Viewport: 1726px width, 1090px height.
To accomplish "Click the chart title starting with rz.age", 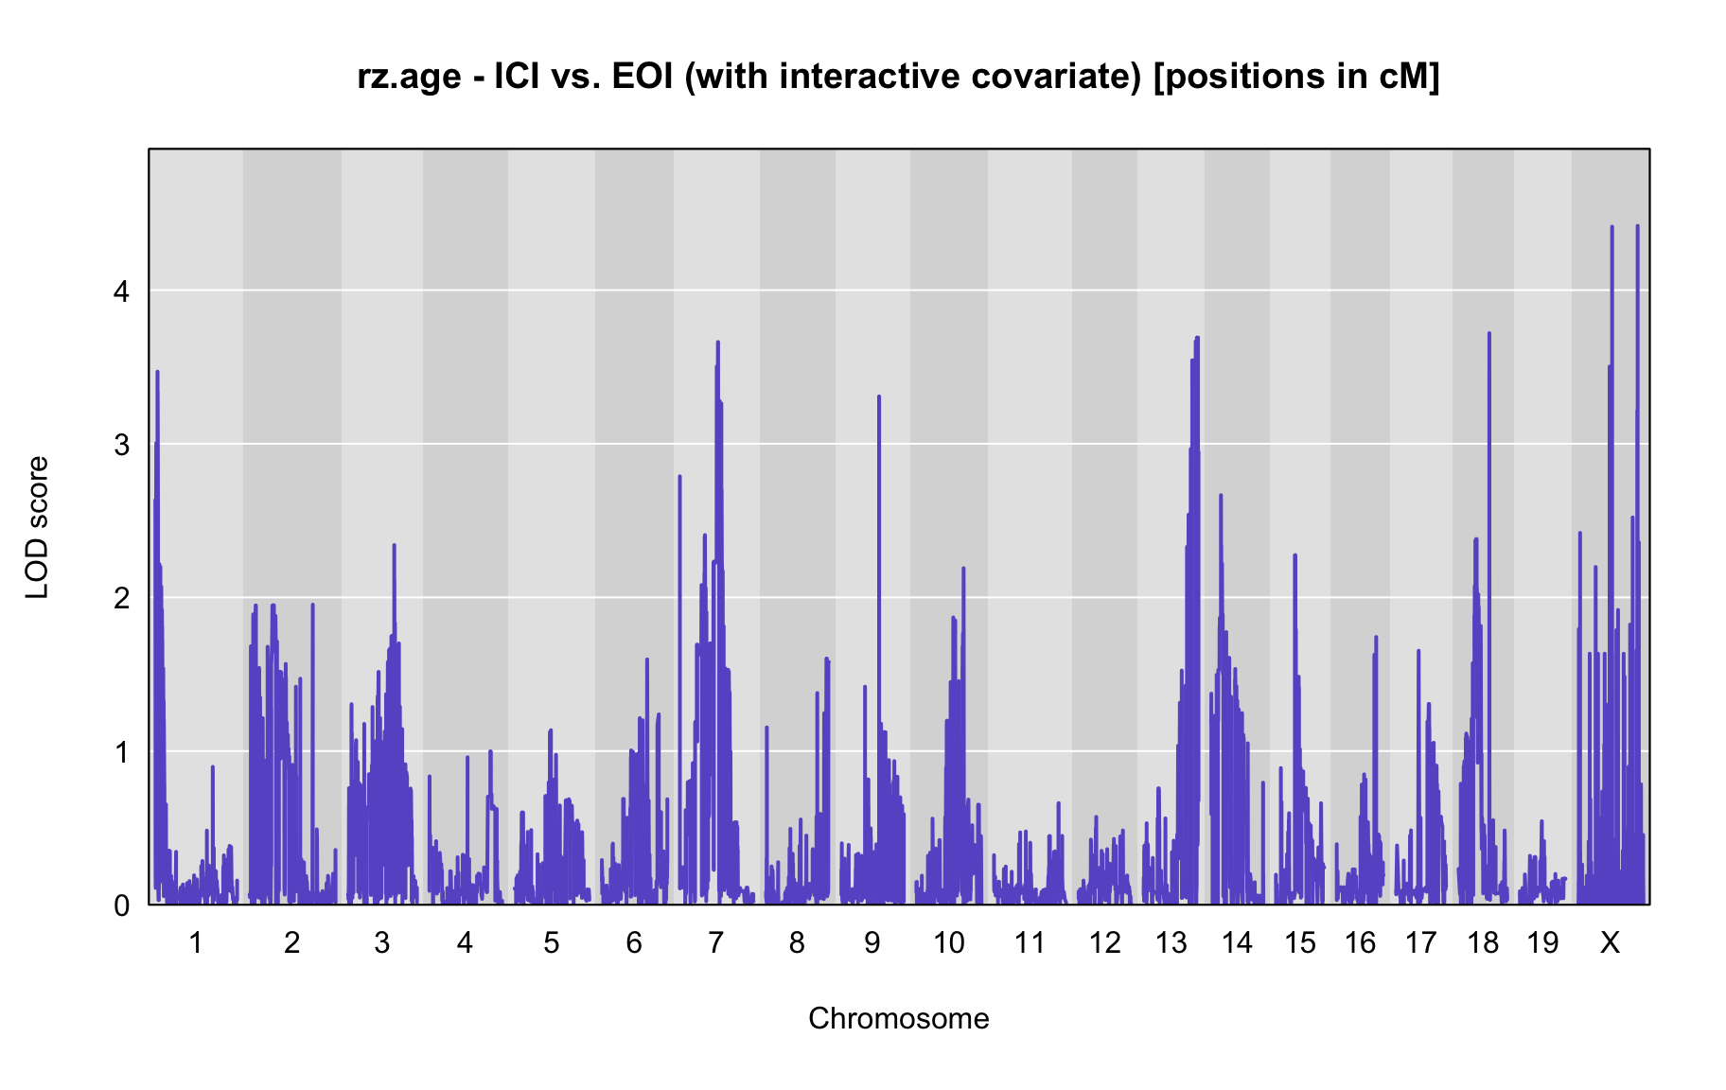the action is point(898,77).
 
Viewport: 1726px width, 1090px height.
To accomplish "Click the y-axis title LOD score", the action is point(37,527).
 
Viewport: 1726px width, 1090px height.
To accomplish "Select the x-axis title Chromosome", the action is point(898,1018).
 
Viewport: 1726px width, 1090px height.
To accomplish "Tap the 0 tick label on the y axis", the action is point(122,905).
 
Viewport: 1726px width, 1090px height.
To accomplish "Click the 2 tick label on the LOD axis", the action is point(122,598).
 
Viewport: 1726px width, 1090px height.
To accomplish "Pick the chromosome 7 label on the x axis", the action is point(715,942).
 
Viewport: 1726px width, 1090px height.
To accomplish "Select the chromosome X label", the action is point(1610,942).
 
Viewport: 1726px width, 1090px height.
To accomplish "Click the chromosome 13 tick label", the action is point(1171,942).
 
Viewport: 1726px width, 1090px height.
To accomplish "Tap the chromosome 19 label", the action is point(1542,942).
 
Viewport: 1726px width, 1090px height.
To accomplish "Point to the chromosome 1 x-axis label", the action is point(196,942).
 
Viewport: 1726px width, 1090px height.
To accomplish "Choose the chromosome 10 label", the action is point(949,942).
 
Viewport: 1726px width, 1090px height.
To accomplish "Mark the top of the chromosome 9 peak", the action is point(879,396).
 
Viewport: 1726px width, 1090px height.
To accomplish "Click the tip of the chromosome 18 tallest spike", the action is point(1488,333).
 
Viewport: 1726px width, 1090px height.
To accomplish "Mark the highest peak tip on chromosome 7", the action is point(718,342).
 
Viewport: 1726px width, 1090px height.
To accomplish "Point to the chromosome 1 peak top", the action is point(157,372).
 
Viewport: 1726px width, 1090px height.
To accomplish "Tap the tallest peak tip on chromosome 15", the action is point(1294,555).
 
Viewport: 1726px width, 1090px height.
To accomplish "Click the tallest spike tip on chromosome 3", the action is point(394,545).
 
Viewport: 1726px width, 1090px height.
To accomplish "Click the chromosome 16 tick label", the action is point(1360,942).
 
